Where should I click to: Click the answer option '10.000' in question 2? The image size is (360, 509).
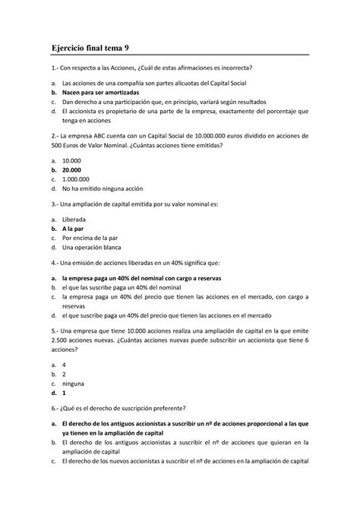(x=71, y=160)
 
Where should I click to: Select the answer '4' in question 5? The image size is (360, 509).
(x=64, y=364)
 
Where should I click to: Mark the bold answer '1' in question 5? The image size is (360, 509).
(x=64, y=394)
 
